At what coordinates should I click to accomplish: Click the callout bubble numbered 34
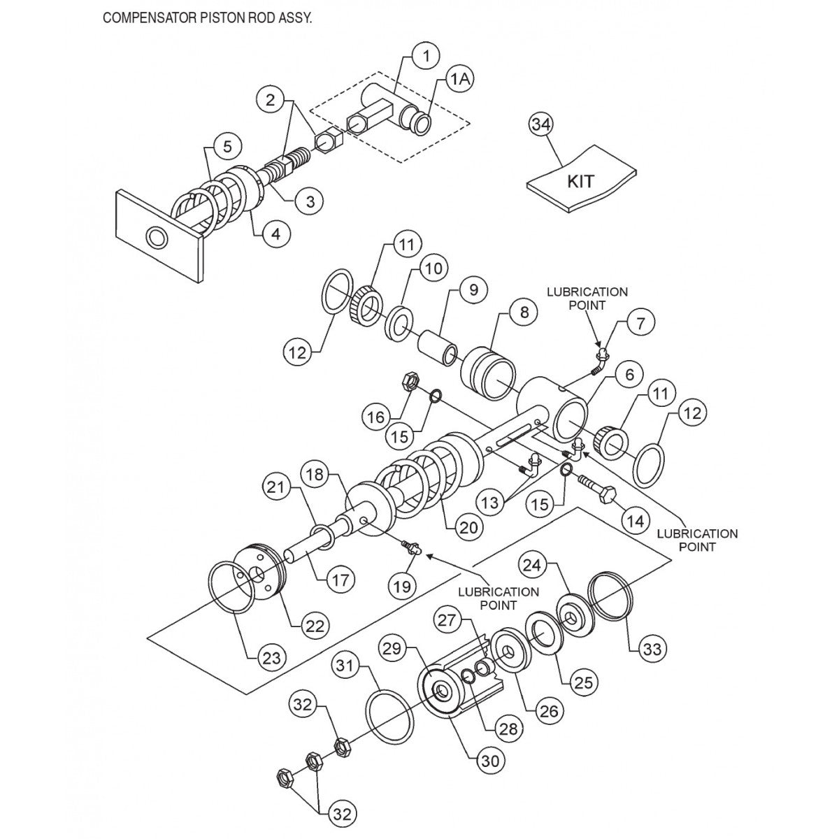point(540,126)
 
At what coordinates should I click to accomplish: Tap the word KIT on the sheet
point(580,182)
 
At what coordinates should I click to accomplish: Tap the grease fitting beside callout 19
point(412,549)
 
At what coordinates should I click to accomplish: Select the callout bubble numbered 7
point(642,323)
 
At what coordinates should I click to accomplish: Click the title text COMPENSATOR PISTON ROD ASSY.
point(207,17)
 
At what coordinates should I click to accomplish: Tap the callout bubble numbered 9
point(473,289)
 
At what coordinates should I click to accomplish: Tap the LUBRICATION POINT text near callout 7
point(587,299)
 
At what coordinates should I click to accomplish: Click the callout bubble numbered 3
point(310,201)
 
